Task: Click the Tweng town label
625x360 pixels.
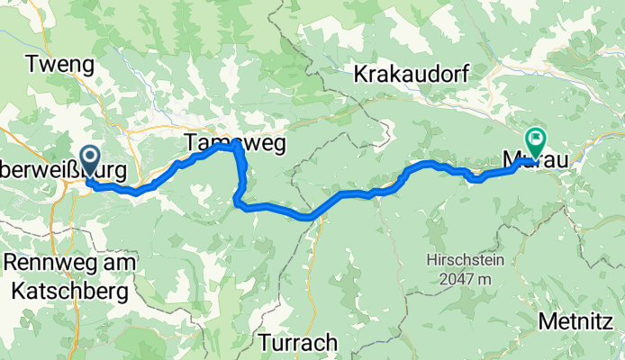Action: (60, 64)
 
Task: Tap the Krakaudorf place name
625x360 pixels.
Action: (412, 74)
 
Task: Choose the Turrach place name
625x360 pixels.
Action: (298, 342)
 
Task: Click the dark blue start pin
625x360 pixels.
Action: (91, 160)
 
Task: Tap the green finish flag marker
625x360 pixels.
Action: (538, 139)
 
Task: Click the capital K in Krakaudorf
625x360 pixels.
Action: (362, 74)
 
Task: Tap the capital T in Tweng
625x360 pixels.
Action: (33, 64)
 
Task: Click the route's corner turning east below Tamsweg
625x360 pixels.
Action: (240, 204)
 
